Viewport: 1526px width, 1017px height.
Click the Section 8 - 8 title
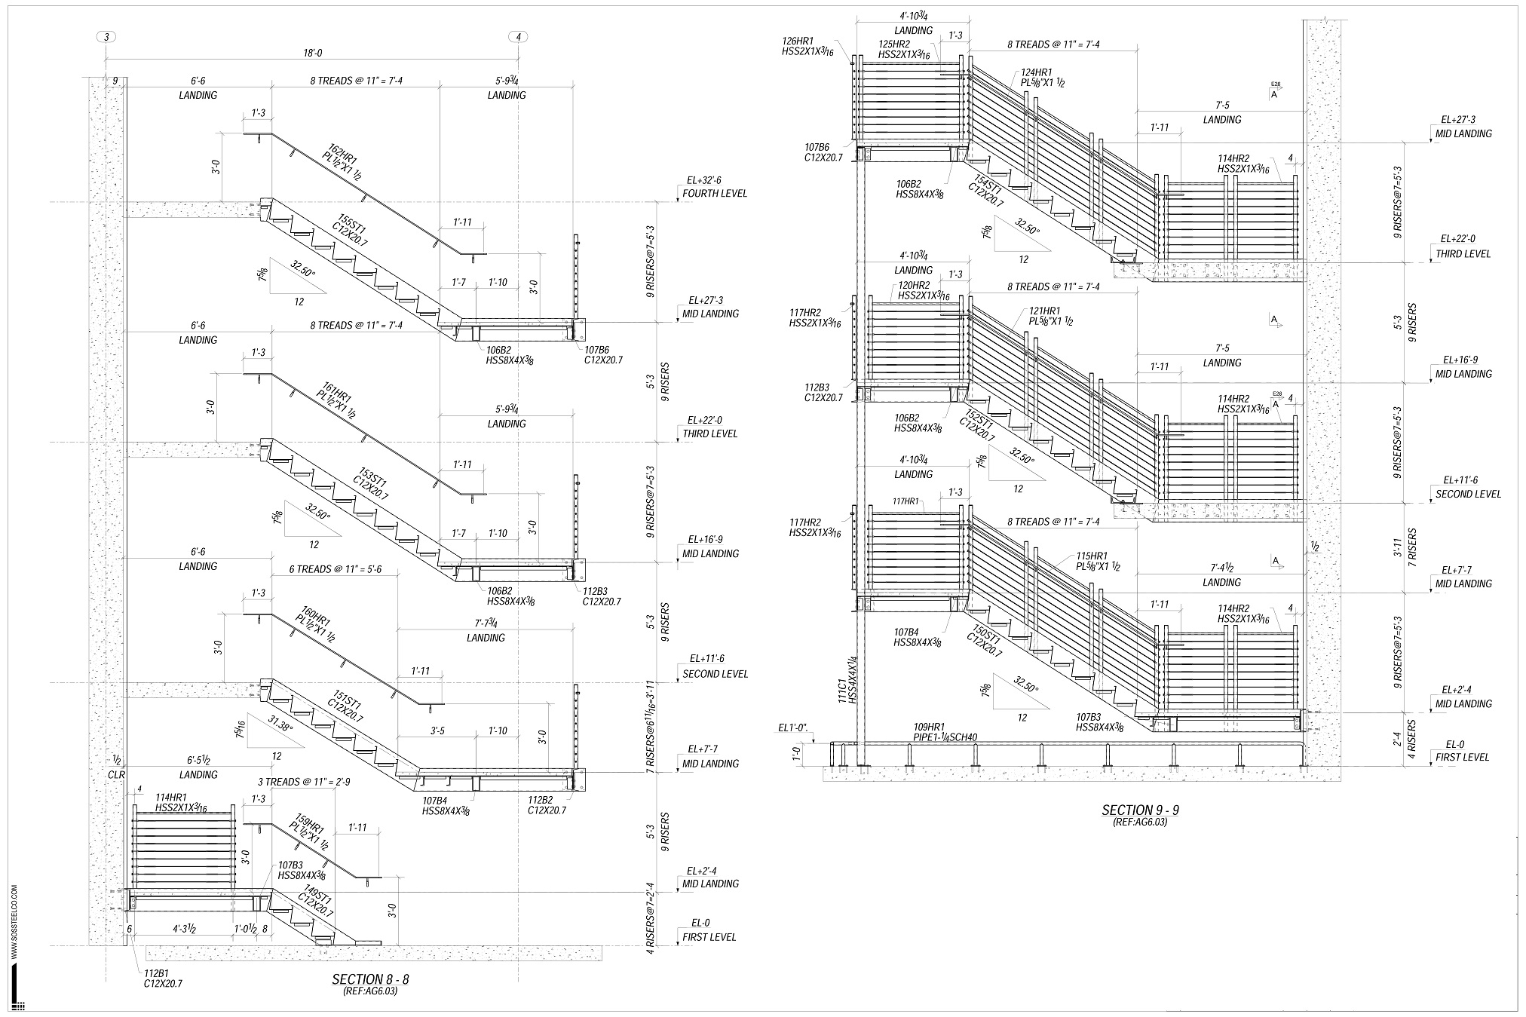(x=370, y=980)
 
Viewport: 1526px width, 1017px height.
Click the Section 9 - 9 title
(x=1140, y=811)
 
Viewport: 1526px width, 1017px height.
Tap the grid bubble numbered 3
(x=106, y=36)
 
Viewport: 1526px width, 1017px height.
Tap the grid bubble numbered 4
(x=519, y=36)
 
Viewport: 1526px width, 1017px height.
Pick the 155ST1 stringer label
(x=352, y=228)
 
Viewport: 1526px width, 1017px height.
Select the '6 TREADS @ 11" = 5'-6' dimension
(x=335, y=570)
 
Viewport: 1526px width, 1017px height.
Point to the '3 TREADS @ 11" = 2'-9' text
(x=304, y=782)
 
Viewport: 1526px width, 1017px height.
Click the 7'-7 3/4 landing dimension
(x=486, y=623)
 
